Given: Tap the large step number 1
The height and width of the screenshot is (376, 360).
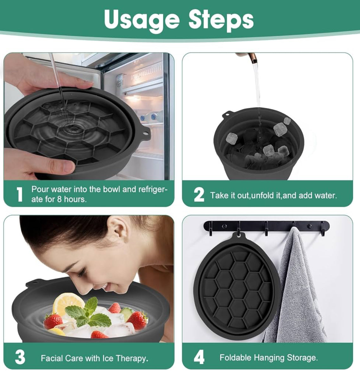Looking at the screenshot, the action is click(x=19, y=194).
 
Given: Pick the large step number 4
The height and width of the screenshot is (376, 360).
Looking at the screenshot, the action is click(x=199, y=357).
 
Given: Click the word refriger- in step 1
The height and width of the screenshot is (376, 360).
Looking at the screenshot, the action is click(x=149, y=190).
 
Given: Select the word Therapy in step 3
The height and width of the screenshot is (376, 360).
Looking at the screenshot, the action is click(x=132, y=359).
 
